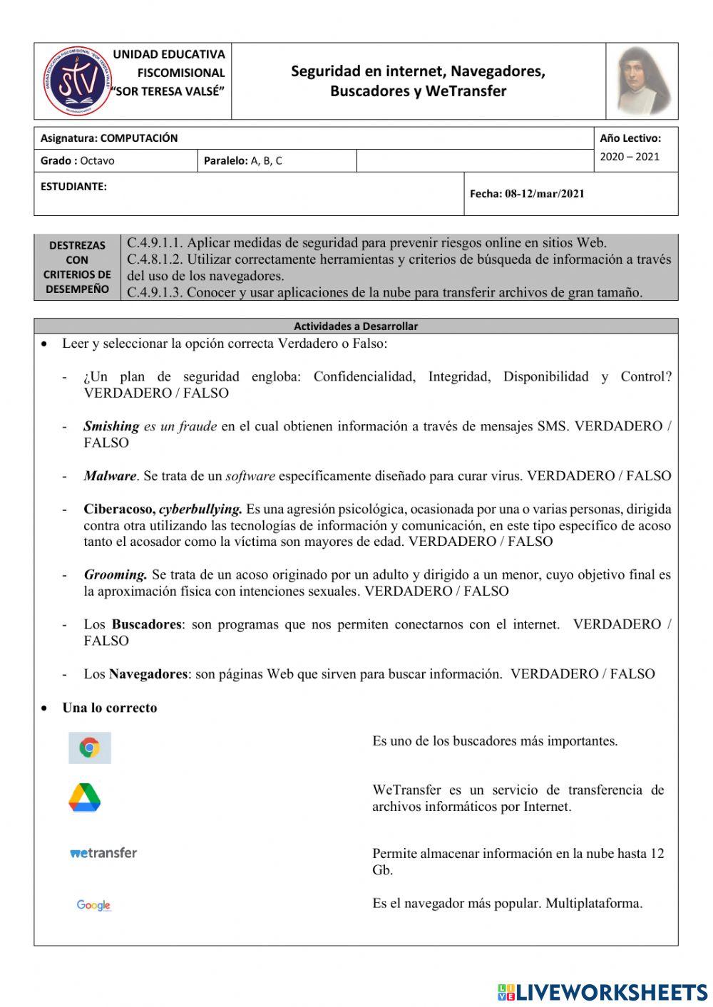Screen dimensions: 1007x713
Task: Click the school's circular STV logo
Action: [x=73, y=81]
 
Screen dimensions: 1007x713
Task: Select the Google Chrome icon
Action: [x=90, y=748]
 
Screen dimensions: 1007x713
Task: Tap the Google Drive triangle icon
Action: [x=85, y=797]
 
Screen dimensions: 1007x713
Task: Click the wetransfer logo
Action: [x=103, y=852]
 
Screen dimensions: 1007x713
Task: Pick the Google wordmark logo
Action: [x=93, y=905]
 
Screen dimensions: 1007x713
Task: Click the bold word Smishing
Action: [x=111, y=426]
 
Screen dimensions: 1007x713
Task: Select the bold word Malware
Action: [x=109, y=476]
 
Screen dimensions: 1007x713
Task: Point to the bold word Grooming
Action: [x=116, y=575]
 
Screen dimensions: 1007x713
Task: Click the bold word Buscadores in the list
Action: [x=147, y=624]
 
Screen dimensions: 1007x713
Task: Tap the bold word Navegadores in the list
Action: [x=148, y=674]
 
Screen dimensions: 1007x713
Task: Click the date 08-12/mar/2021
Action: [x=545, y=194]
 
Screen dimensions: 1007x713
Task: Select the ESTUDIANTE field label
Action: [x=73, y=187]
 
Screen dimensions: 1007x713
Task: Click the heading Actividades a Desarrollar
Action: [x=356, y=326]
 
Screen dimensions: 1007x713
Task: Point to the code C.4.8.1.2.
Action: [x=155, y=259]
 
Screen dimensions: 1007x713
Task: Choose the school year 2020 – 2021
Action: [x=630, y=157]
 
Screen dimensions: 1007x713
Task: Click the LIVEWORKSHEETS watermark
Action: [x=602, y=992]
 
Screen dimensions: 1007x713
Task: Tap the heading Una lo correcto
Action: [x=110, y=708]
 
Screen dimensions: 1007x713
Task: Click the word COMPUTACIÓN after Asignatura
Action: [x=139, y=138]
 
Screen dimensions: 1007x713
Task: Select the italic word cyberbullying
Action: [x=200, y=510]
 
